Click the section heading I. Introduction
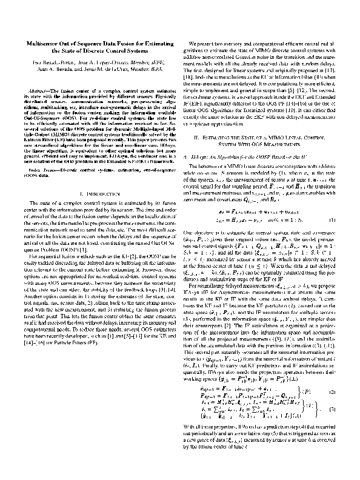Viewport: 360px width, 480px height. coord(96,194)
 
